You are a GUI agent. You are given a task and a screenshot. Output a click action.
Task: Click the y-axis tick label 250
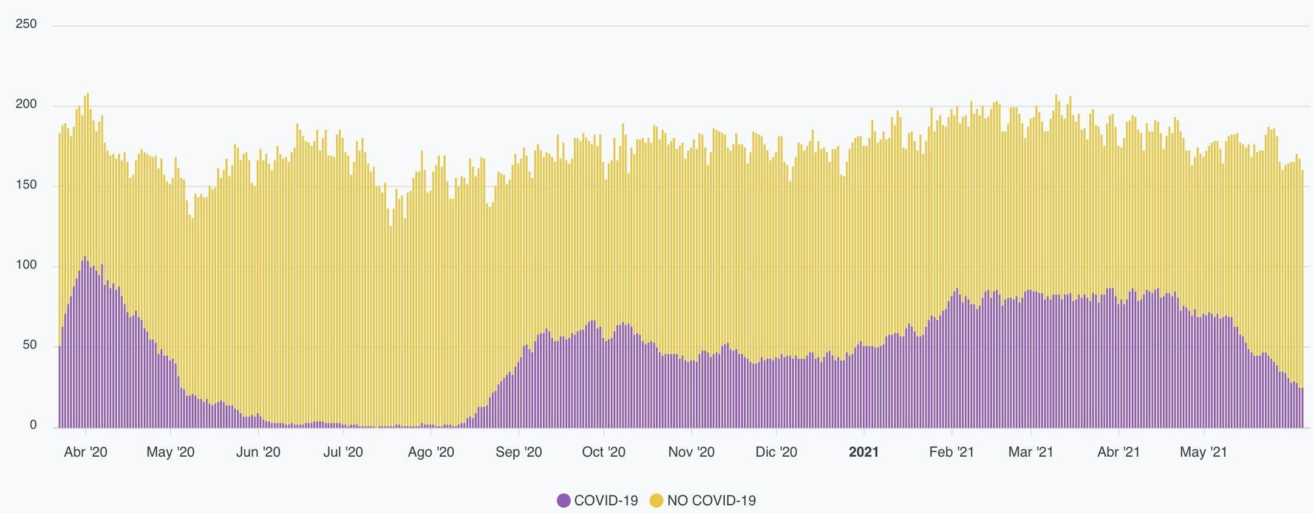[26, 24]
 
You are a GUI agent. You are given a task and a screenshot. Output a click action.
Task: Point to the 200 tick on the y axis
[26, 105]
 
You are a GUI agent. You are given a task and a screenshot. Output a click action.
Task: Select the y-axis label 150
[26, 186]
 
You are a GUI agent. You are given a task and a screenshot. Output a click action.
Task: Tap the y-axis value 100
[26, 266]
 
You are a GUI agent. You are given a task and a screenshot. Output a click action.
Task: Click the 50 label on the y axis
[30, 346]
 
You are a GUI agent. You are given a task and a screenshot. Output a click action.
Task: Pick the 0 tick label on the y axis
[33, 426]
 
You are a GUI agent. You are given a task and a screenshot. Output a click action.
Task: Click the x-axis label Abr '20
[85, 452]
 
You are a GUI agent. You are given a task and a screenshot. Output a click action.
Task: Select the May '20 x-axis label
[170, 452]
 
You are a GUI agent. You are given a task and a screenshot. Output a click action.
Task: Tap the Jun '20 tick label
[258, 452]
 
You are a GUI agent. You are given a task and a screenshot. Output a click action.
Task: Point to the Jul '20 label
[343, 452]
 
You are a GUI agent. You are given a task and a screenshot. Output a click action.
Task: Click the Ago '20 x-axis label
[431, 452]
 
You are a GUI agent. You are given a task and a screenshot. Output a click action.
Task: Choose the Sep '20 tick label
[519, 452]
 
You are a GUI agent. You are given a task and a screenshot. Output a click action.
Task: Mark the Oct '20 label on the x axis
[603, 452]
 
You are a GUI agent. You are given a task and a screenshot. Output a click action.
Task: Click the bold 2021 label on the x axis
[863, 452]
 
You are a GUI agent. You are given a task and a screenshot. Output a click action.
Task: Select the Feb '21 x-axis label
[951, 452]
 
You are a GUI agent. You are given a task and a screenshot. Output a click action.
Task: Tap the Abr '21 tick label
[1119, 452]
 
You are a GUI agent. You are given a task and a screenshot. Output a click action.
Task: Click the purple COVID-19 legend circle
[563, 501]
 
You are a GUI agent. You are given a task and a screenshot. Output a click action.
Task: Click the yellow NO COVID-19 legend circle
[656, 501]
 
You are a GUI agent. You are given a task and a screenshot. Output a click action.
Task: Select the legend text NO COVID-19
[712, 501]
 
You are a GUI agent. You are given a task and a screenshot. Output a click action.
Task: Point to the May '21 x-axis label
[1203, 452]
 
